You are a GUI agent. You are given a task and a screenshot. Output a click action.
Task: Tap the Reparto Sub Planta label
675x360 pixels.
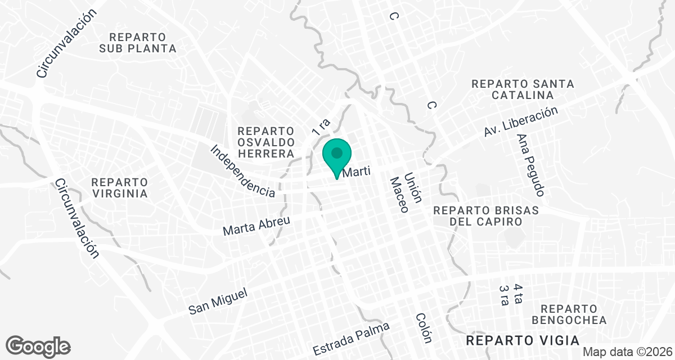tap(138, 42)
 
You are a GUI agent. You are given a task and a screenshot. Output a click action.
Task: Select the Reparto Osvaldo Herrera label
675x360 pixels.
tap(266, 142)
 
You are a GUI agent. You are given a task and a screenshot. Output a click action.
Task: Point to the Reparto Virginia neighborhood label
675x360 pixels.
tap(119, 188)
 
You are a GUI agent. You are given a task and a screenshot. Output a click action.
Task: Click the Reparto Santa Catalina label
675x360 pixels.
tap(523, 89)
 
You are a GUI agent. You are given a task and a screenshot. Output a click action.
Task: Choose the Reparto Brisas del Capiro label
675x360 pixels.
tap(486, 216)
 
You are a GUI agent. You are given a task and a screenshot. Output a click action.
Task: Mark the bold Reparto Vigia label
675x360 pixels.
tap(523, 341)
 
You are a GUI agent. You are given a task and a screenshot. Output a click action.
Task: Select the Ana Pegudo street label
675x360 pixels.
tap(531, 165)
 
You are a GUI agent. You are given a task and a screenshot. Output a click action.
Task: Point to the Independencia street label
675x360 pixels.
tap(243, 171)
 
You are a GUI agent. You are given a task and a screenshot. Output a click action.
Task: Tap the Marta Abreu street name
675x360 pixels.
tap(256, 226)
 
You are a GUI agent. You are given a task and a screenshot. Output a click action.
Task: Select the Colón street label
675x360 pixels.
tap(424, 328)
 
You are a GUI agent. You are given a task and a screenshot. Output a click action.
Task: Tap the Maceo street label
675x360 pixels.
tap(399, 195)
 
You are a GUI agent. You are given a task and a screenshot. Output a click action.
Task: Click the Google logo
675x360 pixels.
tap(38, 345)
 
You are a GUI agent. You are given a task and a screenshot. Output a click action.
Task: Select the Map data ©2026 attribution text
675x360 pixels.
tap(627, 352)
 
